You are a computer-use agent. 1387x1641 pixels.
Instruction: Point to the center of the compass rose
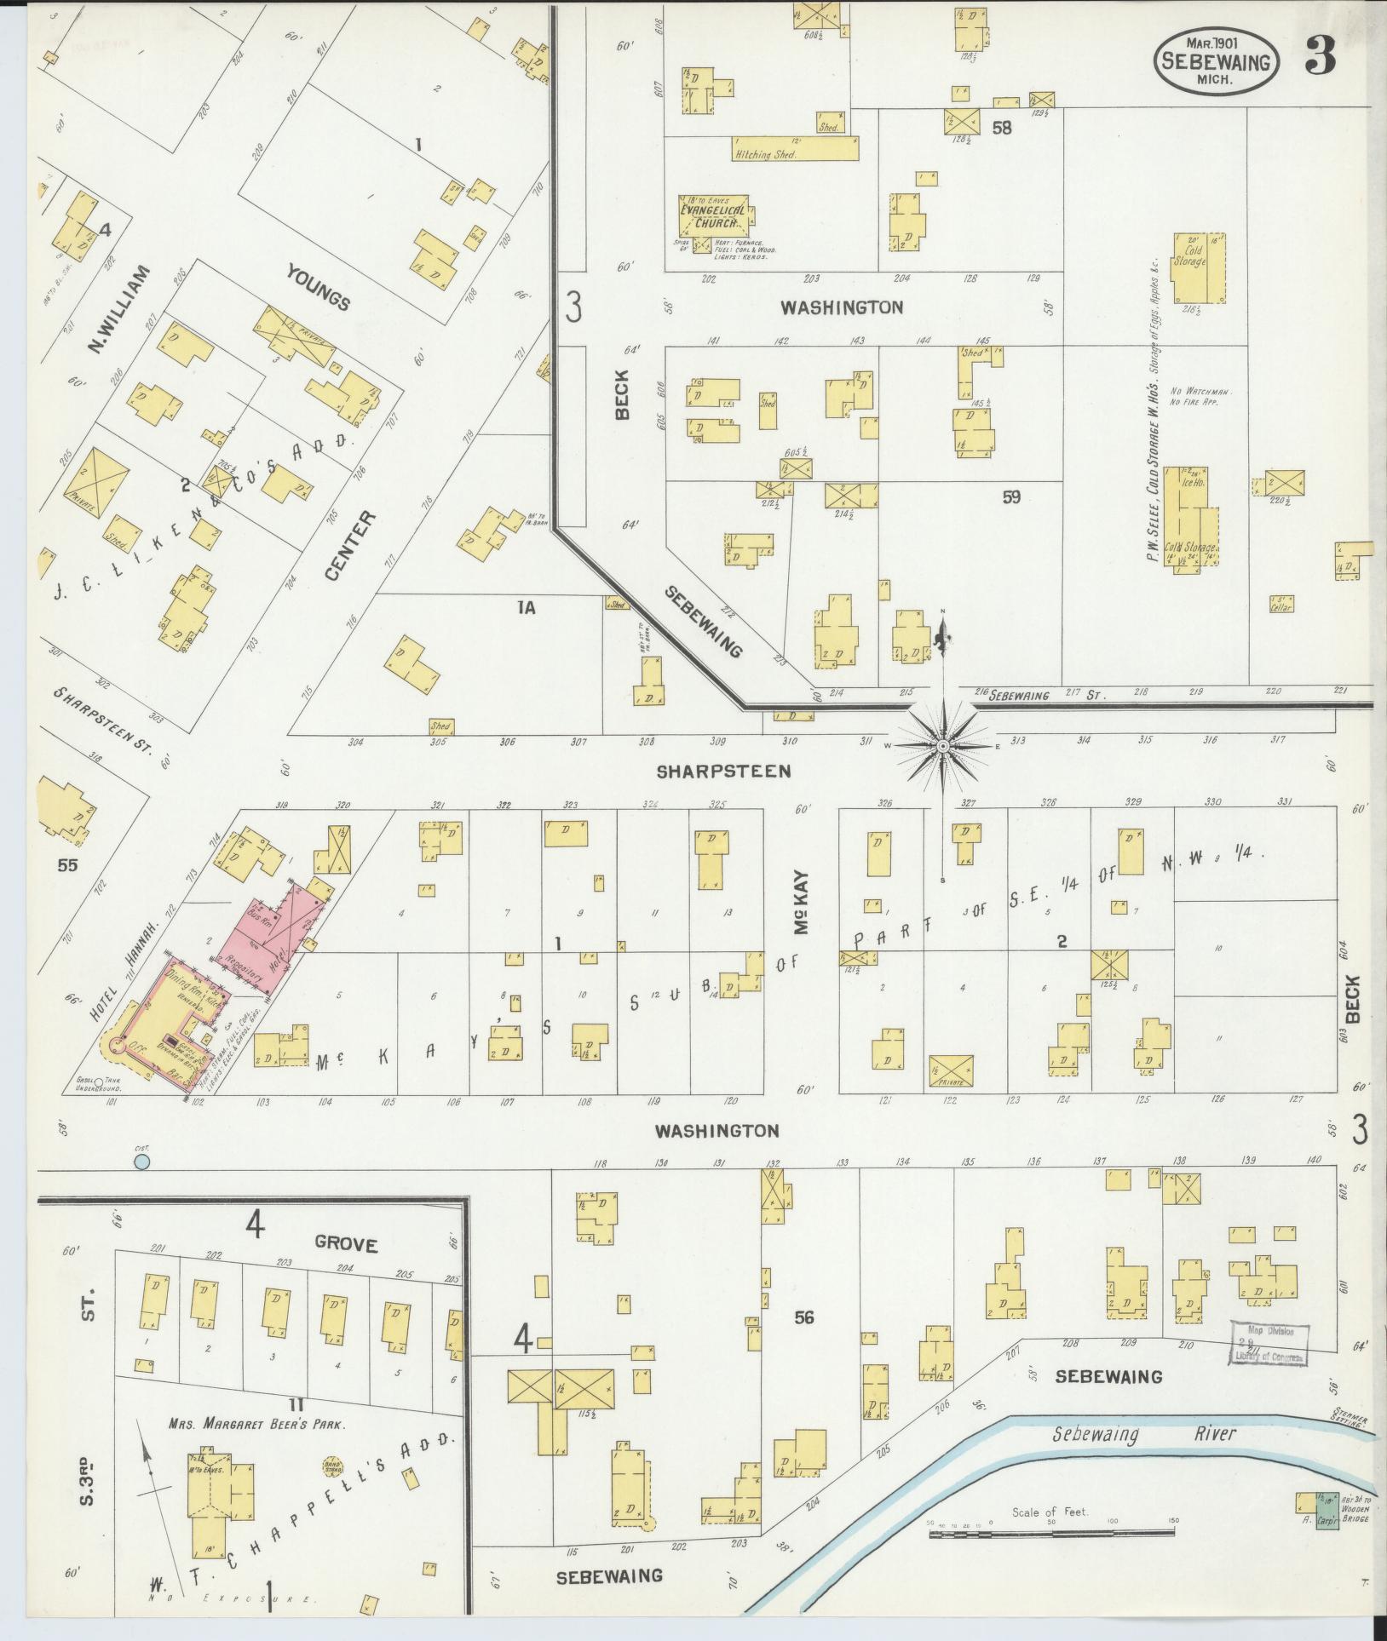(x=942, y=747)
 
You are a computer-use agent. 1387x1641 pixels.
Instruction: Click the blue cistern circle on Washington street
(x=142, y=1162)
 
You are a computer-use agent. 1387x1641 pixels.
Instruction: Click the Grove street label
(x=345, y=1243)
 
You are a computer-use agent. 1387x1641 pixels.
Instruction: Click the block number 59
(x=1010, y=497)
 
